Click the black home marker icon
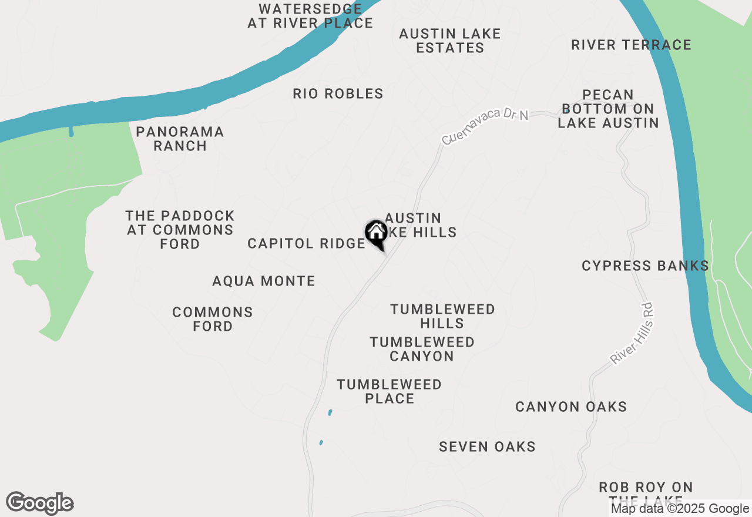(376, 234)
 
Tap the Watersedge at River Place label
(310, 16)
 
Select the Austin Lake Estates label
(450, 41)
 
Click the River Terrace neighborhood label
(631, 45)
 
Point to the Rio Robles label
(338, 93)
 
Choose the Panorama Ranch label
(180, 139)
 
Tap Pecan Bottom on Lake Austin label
(608, 109)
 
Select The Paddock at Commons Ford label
(180, 230)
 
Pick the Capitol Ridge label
(306, 243)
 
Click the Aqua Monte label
(264, 281)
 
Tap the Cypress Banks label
(645, 266)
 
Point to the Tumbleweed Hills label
(442, 316)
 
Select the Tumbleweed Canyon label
(422, 349)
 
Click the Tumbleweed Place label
(390, 391)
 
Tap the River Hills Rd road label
(632, 334)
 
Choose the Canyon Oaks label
(571, 407)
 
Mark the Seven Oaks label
(487, 446)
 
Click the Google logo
(40, 503)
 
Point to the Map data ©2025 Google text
(680, 509)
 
